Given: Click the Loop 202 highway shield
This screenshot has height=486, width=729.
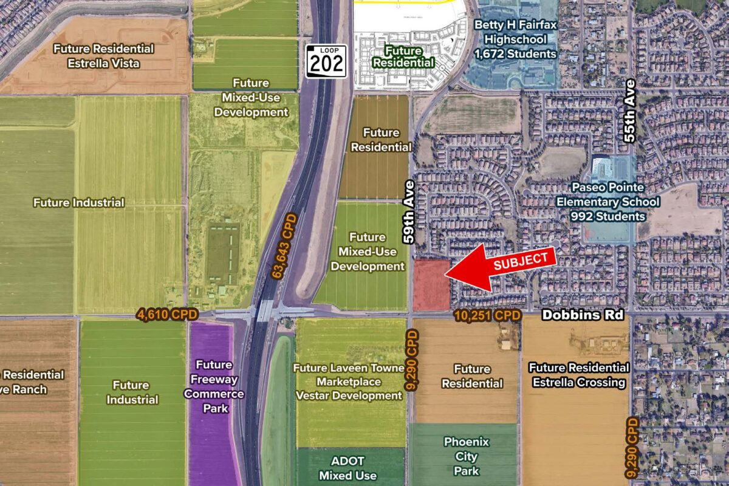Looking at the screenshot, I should point(326,61).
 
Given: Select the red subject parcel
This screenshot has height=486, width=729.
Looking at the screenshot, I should point(431,285).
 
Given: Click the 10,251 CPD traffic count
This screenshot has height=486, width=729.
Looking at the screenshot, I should point(488,316).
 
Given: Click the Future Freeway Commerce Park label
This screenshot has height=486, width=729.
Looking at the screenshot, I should point(214,386).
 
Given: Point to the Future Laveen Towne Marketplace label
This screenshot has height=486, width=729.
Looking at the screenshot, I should point(349,382).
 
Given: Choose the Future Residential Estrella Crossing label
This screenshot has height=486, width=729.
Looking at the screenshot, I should point(578,375).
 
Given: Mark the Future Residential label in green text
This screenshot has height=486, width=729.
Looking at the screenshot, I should point(403,56).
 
